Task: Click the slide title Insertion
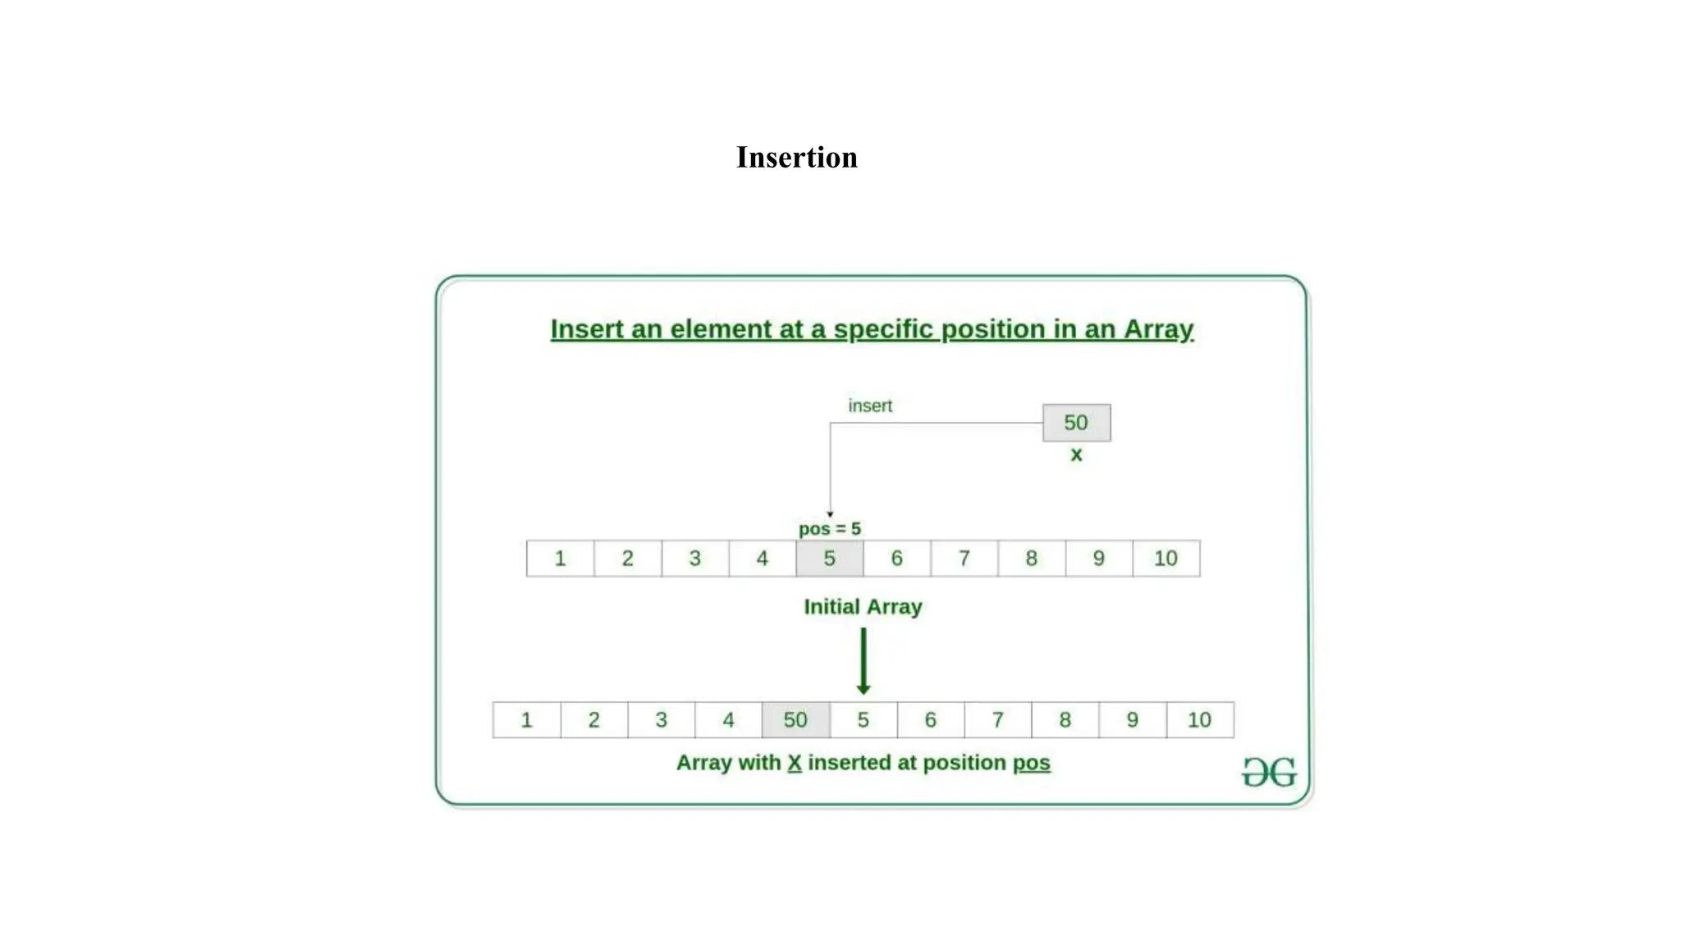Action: [x=796, y=157]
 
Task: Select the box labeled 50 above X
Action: [x=1076, y=422]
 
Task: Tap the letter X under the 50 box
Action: [x=1076, y=455]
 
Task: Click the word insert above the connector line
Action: [x=870, y=406]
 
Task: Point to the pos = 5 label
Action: [x=830, y=529]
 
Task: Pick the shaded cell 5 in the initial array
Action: [x=829, y=558]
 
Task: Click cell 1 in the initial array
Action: [x=560, y=558]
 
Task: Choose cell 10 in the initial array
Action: [x=1166, y=558]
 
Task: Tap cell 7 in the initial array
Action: [x=964, y=558]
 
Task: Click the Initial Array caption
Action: [x=863, y=607]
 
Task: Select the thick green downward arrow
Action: [x=863, y=661]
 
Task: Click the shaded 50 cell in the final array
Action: [x=795, y=720]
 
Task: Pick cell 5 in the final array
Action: [x=863, y=720]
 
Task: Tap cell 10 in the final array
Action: [x=1199, y=720]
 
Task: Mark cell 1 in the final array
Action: [x=526, y=720]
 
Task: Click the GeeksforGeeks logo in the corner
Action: [x=1269, y=772]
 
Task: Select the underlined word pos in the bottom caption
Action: [x=1031, y=763]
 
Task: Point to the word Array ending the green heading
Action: [x=1158, y=329]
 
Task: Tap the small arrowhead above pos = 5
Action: [x=830, y=514]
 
